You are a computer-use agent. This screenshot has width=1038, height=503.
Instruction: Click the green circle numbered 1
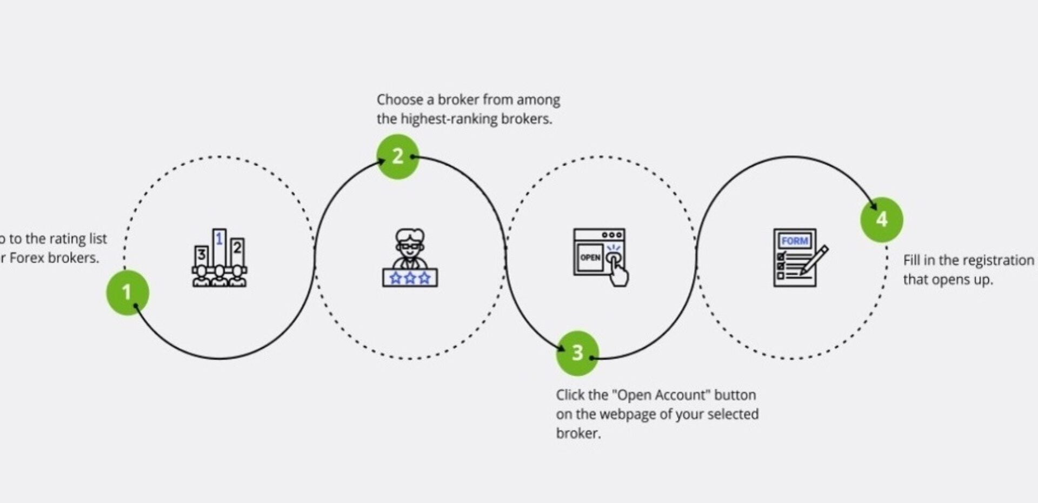[x=127, y=293]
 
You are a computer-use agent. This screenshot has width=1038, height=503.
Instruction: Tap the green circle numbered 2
[x=398, y=156]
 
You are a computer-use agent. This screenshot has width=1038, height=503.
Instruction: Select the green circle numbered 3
[x=577, y=353]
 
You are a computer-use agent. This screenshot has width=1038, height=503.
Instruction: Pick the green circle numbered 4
[x=882, y=220]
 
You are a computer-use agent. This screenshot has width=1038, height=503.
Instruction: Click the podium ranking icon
[x=219, y=258]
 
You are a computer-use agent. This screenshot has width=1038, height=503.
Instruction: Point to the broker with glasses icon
[x=410, y=257]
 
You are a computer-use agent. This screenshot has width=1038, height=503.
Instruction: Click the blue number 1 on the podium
[x=219, y=239]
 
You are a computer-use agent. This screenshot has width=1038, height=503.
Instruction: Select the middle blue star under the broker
[x=410, y=278]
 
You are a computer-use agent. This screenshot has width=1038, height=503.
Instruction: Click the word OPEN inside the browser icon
[x=590, y=257]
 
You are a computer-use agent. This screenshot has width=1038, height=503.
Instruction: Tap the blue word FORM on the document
[x=794, y=241]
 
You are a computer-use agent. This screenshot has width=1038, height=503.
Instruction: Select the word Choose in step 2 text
[x=400, y=100]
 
